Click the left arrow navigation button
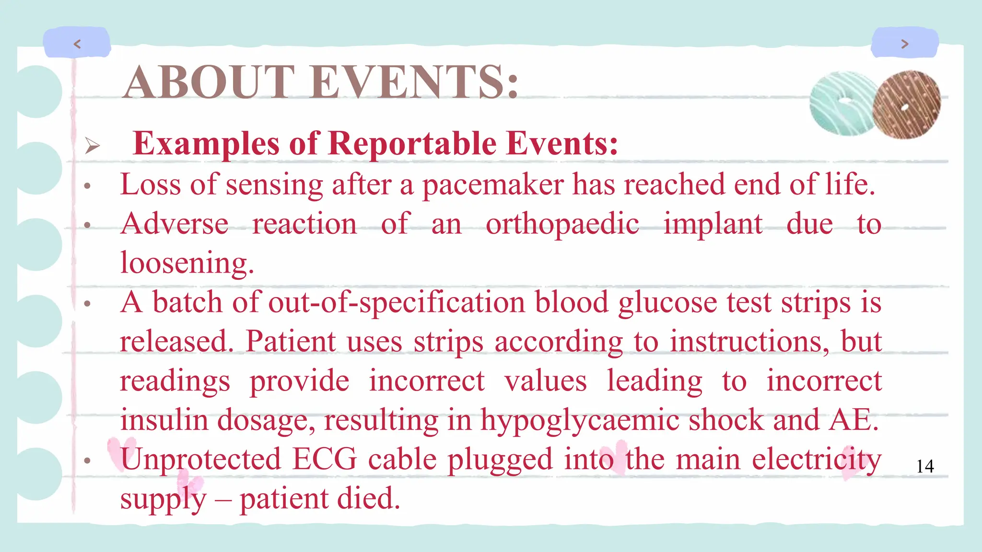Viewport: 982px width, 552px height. (x=77, y=44)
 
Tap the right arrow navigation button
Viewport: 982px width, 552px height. (x=905, y=44)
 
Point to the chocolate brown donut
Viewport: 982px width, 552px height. (x=906, y=104)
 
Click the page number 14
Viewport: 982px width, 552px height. (x=925, y=466)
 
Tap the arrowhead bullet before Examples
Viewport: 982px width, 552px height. (x=92, y=145)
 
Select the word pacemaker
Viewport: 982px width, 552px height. (x=493, y=185)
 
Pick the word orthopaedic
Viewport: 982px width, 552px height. (x=562, y=224)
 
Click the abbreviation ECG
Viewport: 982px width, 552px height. (x=325, y=459)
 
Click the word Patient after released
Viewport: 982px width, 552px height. (x=291, y=342)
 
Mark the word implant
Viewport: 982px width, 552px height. (x=713, y=224)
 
